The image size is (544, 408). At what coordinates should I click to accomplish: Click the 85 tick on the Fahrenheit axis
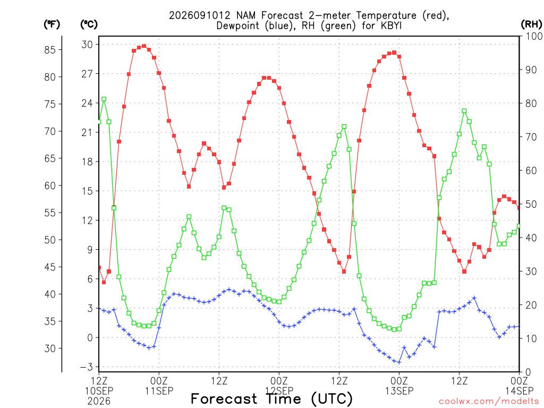pos(50,49)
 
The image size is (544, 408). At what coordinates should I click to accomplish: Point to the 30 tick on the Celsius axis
pos(87,45)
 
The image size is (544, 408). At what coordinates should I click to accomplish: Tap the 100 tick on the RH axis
pos(534,36)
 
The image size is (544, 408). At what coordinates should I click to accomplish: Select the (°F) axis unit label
pos(52,24)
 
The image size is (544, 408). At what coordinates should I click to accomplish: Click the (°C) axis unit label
pos(89,24)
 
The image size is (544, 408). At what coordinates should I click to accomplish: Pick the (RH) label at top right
pos(531,24)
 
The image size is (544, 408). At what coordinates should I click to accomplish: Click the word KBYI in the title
pos(391,25)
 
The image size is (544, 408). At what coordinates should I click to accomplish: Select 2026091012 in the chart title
pos(200,15)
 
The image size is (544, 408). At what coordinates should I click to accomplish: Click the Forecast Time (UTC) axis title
pos(271,398)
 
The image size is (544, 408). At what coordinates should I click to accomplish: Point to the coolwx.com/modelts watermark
pos(489,402)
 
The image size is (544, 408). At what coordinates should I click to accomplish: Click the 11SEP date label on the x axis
pos(159,391)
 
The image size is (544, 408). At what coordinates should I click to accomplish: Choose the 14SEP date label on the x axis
pos(519,391)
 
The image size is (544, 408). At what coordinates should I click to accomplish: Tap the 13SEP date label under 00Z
pos(399,391)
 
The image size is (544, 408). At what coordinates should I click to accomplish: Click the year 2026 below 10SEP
pos(99,402)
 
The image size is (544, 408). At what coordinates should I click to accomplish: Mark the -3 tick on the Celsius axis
pos(87,367)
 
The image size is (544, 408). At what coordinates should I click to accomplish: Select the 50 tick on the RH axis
pos(531,204)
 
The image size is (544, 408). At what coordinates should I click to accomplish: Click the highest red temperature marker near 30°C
pos(144,46)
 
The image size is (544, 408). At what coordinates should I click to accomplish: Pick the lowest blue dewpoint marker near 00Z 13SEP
pos(399,362)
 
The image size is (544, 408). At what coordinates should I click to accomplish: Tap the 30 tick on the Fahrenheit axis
pos(50,348)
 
